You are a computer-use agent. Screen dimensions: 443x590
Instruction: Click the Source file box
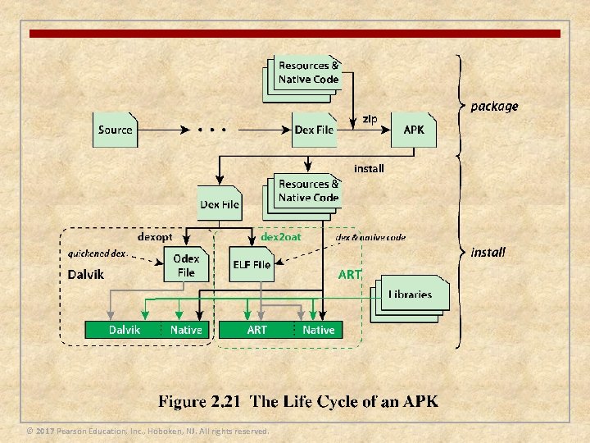click(115, 130)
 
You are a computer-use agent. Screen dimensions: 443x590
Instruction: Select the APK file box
click(414, 130)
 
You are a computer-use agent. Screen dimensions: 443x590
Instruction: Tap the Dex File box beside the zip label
click(315, 130)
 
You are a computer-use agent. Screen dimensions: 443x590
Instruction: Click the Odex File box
click(186, 265)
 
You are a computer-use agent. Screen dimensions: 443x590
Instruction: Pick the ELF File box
click(252, 265)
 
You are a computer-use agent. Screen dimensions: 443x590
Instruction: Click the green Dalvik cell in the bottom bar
click(125, 330)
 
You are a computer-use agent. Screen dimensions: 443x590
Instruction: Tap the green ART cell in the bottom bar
click(257, 330)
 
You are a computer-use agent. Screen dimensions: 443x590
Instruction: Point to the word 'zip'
click(370, 119)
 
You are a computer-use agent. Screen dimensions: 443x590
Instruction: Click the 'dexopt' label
click(155, 237)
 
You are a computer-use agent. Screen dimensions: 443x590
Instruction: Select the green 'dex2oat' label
click(281, 237)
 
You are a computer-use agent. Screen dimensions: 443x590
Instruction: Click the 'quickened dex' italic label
click(97, 253)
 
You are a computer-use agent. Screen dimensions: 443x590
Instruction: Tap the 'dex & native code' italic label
click(370, 237)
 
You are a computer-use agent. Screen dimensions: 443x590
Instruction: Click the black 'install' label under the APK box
click(369, 168)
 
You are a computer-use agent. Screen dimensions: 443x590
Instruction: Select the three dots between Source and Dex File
click(211, 130)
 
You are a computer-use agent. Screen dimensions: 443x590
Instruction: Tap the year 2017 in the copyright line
click(45, 432)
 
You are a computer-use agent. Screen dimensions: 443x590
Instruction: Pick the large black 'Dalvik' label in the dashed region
click(85, 275)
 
